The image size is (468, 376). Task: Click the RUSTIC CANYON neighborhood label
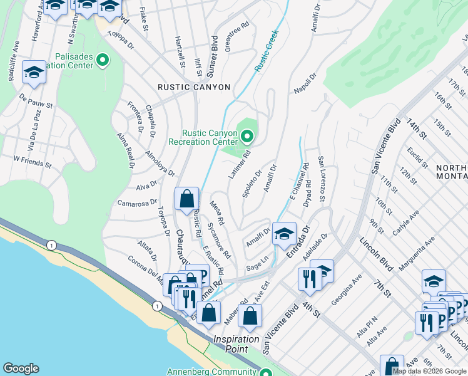[x=194, y=87]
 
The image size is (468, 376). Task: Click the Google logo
[x=21, y=368]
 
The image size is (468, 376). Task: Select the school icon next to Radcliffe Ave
[x=33, y=73]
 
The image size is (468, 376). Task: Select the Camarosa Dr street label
[x=136, y=202]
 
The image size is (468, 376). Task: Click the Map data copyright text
[x=429, y=371]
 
